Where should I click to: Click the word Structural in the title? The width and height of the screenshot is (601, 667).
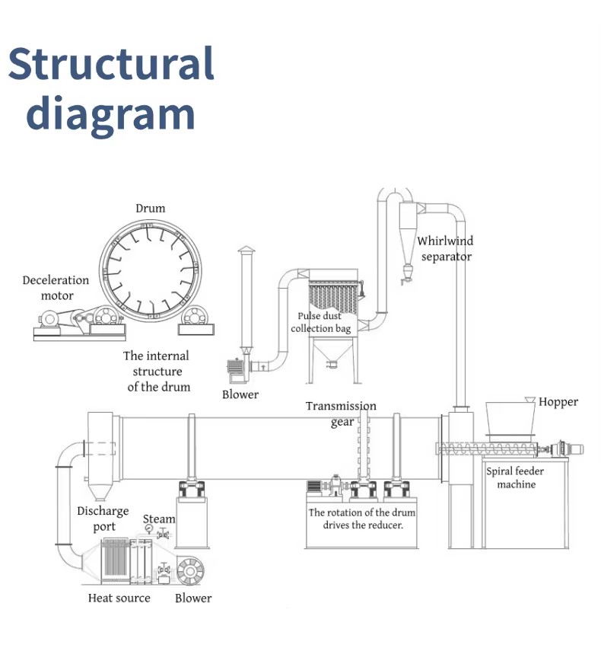click(x=111, y=63)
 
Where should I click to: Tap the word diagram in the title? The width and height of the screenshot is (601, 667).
click(x=110, y=113)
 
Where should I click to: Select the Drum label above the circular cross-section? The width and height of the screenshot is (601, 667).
click(x=151, y=209)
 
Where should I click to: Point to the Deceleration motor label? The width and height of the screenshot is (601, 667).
click(x=56, y=288)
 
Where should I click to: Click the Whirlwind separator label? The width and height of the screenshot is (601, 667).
click(x=445, y=248)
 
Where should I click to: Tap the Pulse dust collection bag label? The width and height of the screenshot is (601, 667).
click(x=320, y=322)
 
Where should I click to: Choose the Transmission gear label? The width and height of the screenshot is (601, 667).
click(x=342, y=413)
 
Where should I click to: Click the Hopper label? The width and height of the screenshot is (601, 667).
click(x=558, y=402)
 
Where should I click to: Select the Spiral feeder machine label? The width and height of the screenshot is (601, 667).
click(x=515, y=477)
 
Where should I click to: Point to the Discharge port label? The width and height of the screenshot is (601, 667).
click(x=103, y=519)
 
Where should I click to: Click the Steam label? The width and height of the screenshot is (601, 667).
click(x=159, y=519)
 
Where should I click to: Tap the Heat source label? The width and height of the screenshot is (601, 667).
click(x=119, y=598)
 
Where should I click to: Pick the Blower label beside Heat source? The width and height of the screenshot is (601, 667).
click(x=193, y=598)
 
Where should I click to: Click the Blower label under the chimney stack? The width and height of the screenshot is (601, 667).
click(x=240, y=394)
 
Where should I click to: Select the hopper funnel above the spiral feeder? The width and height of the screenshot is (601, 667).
click(x=510, y=418)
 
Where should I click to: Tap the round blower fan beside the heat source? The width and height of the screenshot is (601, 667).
click(x=190, y=571)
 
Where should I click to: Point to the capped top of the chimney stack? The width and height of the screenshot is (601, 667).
click(x=246, y=250)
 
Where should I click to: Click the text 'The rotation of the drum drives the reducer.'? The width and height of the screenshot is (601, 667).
click(x=362, y=519)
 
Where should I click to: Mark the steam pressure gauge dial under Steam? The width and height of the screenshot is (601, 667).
click(x=149, y=528)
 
